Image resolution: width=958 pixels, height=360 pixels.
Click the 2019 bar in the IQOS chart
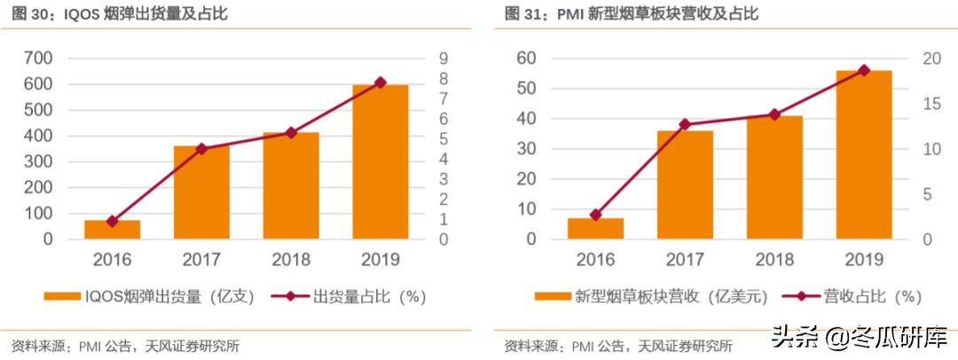pyautogui.click(x=380, y=161)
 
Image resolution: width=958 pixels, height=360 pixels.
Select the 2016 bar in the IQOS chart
pyautogui.click(x=112, y=230)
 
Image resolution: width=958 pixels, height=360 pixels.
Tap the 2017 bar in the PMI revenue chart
pyautogui.click(x=685, y=184)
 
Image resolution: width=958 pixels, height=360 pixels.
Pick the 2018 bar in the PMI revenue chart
pyautogui.click(x=774, y=177)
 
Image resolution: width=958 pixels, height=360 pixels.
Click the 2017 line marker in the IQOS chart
pyautogui.click(x=201, y=149)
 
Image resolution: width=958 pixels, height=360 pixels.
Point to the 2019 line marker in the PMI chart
pyautogui.click(x=864, y=70)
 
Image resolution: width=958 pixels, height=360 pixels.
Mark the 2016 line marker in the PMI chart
pyautogui.click(x=595, y=215)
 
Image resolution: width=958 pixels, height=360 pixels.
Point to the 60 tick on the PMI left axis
pyautogui.click(x=526, y=59)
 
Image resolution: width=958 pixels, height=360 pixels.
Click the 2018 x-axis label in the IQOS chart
pyautogui.click(x=290, y=260)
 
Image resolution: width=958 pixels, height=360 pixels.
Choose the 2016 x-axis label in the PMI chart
pyautogui.click(x=595, y=260)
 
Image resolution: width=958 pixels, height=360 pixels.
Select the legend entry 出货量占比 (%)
pyautogui.click(x=349, y=297)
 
